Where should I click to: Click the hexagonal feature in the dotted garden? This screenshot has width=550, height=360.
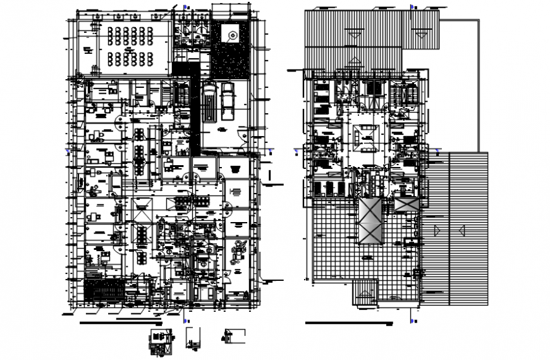click(230, 36)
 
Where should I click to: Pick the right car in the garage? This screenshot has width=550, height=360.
click(228, 101)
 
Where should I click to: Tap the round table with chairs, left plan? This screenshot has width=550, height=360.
click(240, 249)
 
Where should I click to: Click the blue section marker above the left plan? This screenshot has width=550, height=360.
click(183, 7)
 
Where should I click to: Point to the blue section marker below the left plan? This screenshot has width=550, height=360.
click(183, 310)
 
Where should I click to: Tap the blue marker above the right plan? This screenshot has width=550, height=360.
click(412, 7)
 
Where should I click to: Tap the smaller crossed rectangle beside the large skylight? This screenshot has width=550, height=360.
click(403, 205)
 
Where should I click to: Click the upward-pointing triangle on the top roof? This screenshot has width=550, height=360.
click(355, 61)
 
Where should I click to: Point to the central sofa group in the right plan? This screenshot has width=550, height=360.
click(365, 135)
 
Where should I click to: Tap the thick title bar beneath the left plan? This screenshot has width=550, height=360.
click(120, 323)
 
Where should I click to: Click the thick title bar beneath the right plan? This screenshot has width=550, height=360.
click(348, 323)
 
